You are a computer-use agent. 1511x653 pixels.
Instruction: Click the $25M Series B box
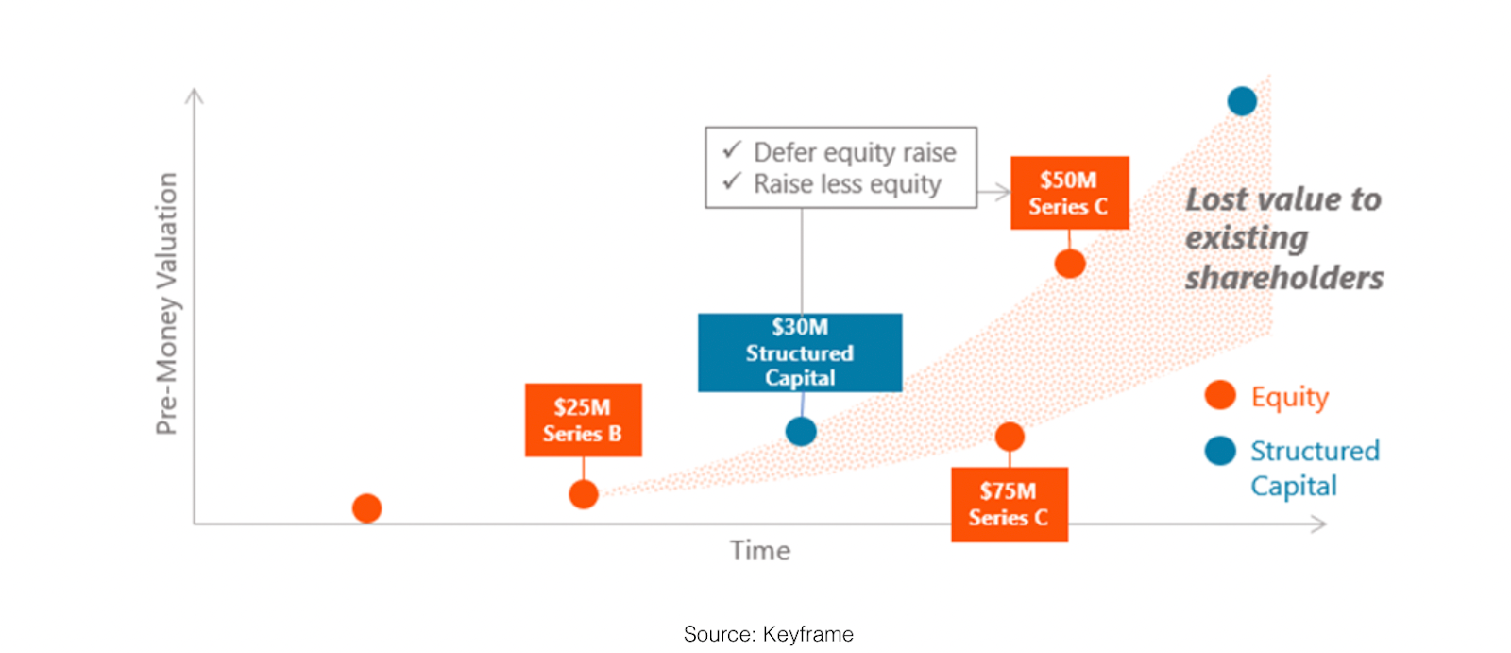click(584, 420)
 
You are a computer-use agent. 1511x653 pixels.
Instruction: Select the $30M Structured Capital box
click(800, 352)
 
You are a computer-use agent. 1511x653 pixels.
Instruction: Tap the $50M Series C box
click(1070, 193)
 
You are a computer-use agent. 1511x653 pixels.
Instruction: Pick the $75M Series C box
click(1010, 505)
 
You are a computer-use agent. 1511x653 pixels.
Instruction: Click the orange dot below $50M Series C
click(1070, 264)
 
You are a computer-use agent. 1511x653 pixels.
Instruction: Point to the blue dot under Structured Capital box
click(802, 432)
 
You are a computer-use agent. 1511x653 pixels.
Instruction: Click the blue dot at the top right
click(1242, 101)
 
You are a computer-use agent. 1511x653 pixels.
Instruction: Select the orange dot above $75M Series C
click(1010, 437)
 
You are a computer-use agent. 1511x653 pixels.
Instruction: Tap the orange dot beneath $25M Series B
click(584, 494)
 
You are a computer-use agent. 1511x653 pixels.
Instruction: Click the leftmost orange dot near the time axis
click(367, 507)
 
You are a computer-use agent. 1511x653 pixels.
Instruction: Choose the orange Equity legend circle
click(1220, 395)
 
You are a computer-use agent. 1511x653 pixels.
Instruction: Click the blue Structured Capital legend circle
click(1220, 451)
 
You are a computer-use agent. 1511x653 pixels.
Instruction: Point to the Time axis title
click(760, 551)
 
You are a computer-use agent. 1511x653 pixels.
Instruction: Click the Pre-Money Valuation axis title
click(166, 303)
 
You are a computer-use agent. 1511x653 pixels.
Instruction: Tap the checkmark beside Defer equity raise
click(732, 149)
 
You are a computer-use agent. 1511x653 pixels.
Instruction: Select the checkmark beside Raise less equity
click(732, 181)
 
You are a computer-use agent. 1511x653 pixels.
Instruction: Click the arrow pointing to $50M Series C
click(993, 193)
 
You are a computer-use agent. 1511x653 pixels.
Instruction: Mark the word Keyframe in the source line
click(808, 634)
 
